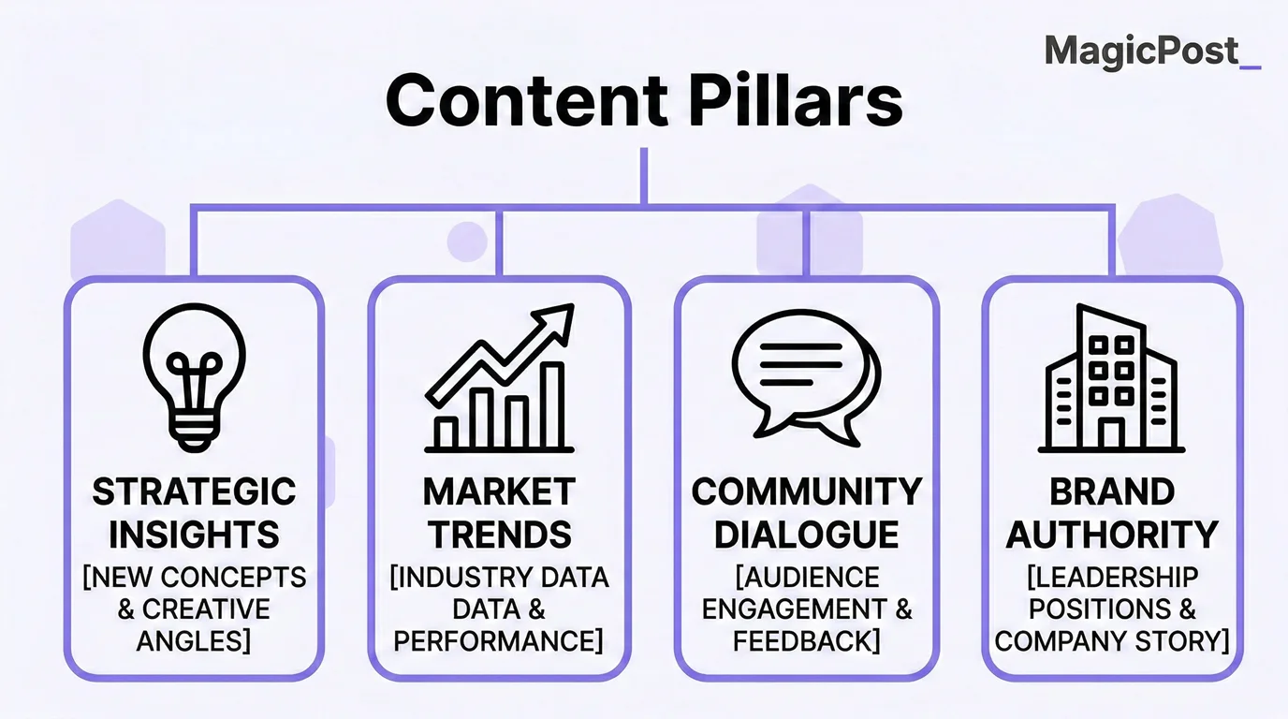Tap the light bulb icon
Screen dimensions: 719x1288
(x=194, y=374)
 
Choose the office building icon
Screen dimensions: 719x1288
(x=1112, y=378)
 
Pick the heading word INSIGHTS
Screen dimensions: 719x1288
(x=194, y=535)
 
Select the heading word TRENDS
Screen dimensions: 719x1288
(x=499, y=535)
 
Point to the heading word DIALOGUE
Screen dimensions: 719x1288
(x=806, y=535)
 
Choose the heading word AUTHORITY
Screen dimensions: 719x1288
(x=1112, y=535)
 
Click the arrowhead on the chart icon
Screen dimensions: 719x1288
(x=556, y=320)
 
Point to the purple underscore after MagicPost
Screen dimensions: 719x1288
(x=1250, y=66)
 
